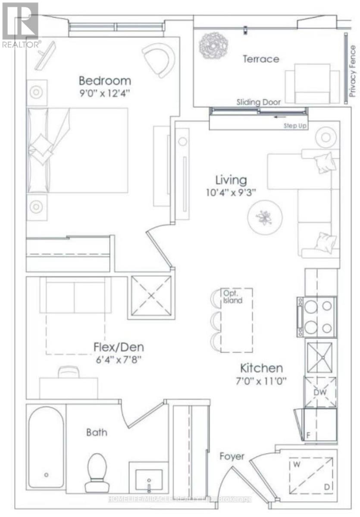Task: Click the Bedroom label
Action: coord(105,81)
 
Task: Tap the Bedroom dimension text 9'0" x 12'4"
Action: coord(105,93)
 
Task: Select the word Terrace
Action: coord(261,59)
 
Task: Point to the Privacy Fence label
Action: coord(352,71)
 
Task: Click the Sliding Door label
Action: coord(259,102)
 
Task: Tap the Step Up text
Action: coord(295,126)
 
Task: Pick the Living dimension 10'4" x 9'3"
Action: coord(231,193)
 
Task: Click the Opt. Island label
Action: coord(232,296)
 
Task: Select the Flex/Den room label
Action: coord(119,347)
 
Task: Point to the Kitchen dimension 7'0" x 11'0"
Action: coord(261,381)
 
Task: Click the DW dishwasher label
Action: coord(320,392)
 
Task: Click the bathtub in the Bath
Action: coord(46,447)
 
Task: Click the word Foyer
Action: coord(232,457)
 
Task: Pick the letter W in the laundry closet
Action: coord(297,464)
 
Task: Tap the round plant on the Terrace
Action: coord(213,46)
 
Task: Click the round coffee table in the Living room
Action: coord(265,217)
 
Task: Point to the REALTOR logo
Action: coord(20,25)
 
